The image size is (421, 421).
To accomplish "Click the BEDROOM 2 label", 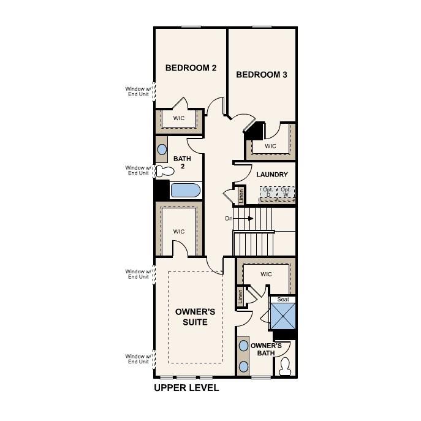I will click(x=191, y=68).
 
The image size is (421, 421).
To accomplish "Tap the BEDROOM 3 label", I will click(x=262, y=75).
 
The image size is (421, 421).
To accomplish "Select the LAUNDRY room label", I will click(x=271, y=175).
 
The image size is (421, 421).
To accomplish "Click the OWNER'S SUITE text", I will click(x=191, y=317).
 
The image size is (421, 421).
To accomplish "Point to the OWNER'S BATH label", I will click(x=266, y=349).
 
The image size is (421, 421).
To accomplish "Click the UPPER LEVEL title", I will click(x=186, y=388).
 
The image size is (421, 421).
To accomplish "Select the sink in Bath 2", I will click(x=162, y=149).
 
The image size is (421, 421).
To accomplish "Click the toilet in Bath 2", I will click(x=162, y=171).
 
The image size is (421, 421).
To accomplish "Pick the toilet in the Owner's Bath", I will click(x=285, y=367).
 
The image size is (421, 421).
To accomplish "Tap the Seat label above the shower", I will click(x=283, y=300).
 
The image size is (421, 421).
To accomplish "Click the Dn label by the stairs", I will click(x=229, y=218).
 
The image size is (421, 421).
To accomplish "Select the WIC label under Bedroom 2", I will click(x=178, y=118).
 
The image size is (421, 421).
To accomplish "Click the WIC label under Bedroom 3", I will click(x=270, y=146).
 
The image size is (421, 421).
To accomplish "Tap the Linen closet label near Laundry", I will click(x=241, y=196).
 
